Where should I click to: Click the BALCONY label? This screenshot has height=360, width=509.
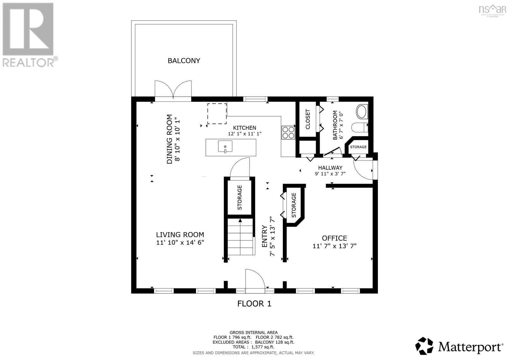184,60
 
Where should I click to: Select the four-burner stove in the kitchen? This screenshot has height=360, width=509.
288,132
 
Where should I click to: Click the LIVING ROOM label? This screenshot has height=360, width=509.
180,235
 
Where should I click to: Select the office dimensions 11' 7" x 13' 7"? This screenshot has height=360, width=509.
334,246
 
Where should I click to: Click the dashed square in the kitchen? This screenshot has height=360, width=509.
217,114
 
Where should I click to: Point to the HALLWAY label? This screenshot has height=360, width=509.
330,168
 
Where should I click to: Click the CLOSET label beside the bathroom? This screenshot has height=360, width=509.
308,119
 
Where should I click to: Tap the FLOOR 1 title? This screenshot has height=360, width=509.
254,304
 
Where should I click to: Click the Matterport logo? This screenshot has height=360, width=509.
459,346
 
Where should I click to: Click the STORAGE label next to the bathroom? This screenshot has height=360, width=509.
358,147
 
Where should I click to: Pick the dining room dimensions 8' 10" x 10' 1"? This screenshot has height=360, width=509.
178,139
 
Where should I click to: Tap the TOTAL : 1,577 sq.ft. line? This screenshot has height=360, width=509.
254,347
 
